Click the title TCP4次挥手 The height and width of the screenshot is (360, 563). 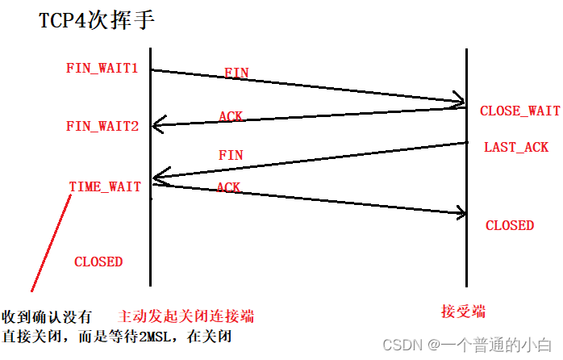(96, 21)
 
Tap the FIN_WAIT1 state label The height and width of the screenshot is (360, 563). (102, 69)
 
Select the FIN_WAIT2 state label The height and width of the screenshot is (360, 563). (102, 127)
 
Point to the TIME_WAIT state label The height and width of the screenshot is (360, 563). (105, 187)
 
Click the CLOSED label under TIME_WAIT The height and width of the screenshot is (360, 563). (98, 262)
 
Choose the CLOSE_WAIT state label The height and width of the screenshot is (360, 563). (519, 111)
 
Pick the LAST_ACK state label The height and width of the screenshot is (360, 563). (516, 147)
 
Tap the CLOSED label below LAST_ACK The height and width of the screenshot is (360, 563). (509, 225)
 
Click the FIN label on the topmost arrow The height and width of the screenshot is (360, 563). (236, 73)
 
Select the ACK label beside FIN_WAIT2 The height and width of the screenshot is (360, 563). (231, 116)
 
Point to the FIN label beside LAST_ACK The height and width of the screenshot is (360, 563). (231, 154)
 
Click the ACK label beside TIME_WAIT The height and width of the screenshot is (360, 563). (228, 187)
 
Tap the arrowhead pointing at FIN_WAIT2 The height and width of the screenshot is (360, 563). (157, 124)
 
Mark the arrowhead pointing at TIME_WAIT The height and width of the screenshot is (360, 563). (158, 177)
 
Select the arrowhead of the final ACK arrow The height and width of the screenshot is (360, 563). (461, 213)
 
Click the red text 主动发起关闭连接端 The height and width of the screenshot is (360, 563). (190, 316)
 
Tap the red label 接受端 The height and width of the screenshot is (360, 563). (463, 312)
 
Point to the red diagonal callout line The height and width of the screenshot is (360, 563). (52, 242)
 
